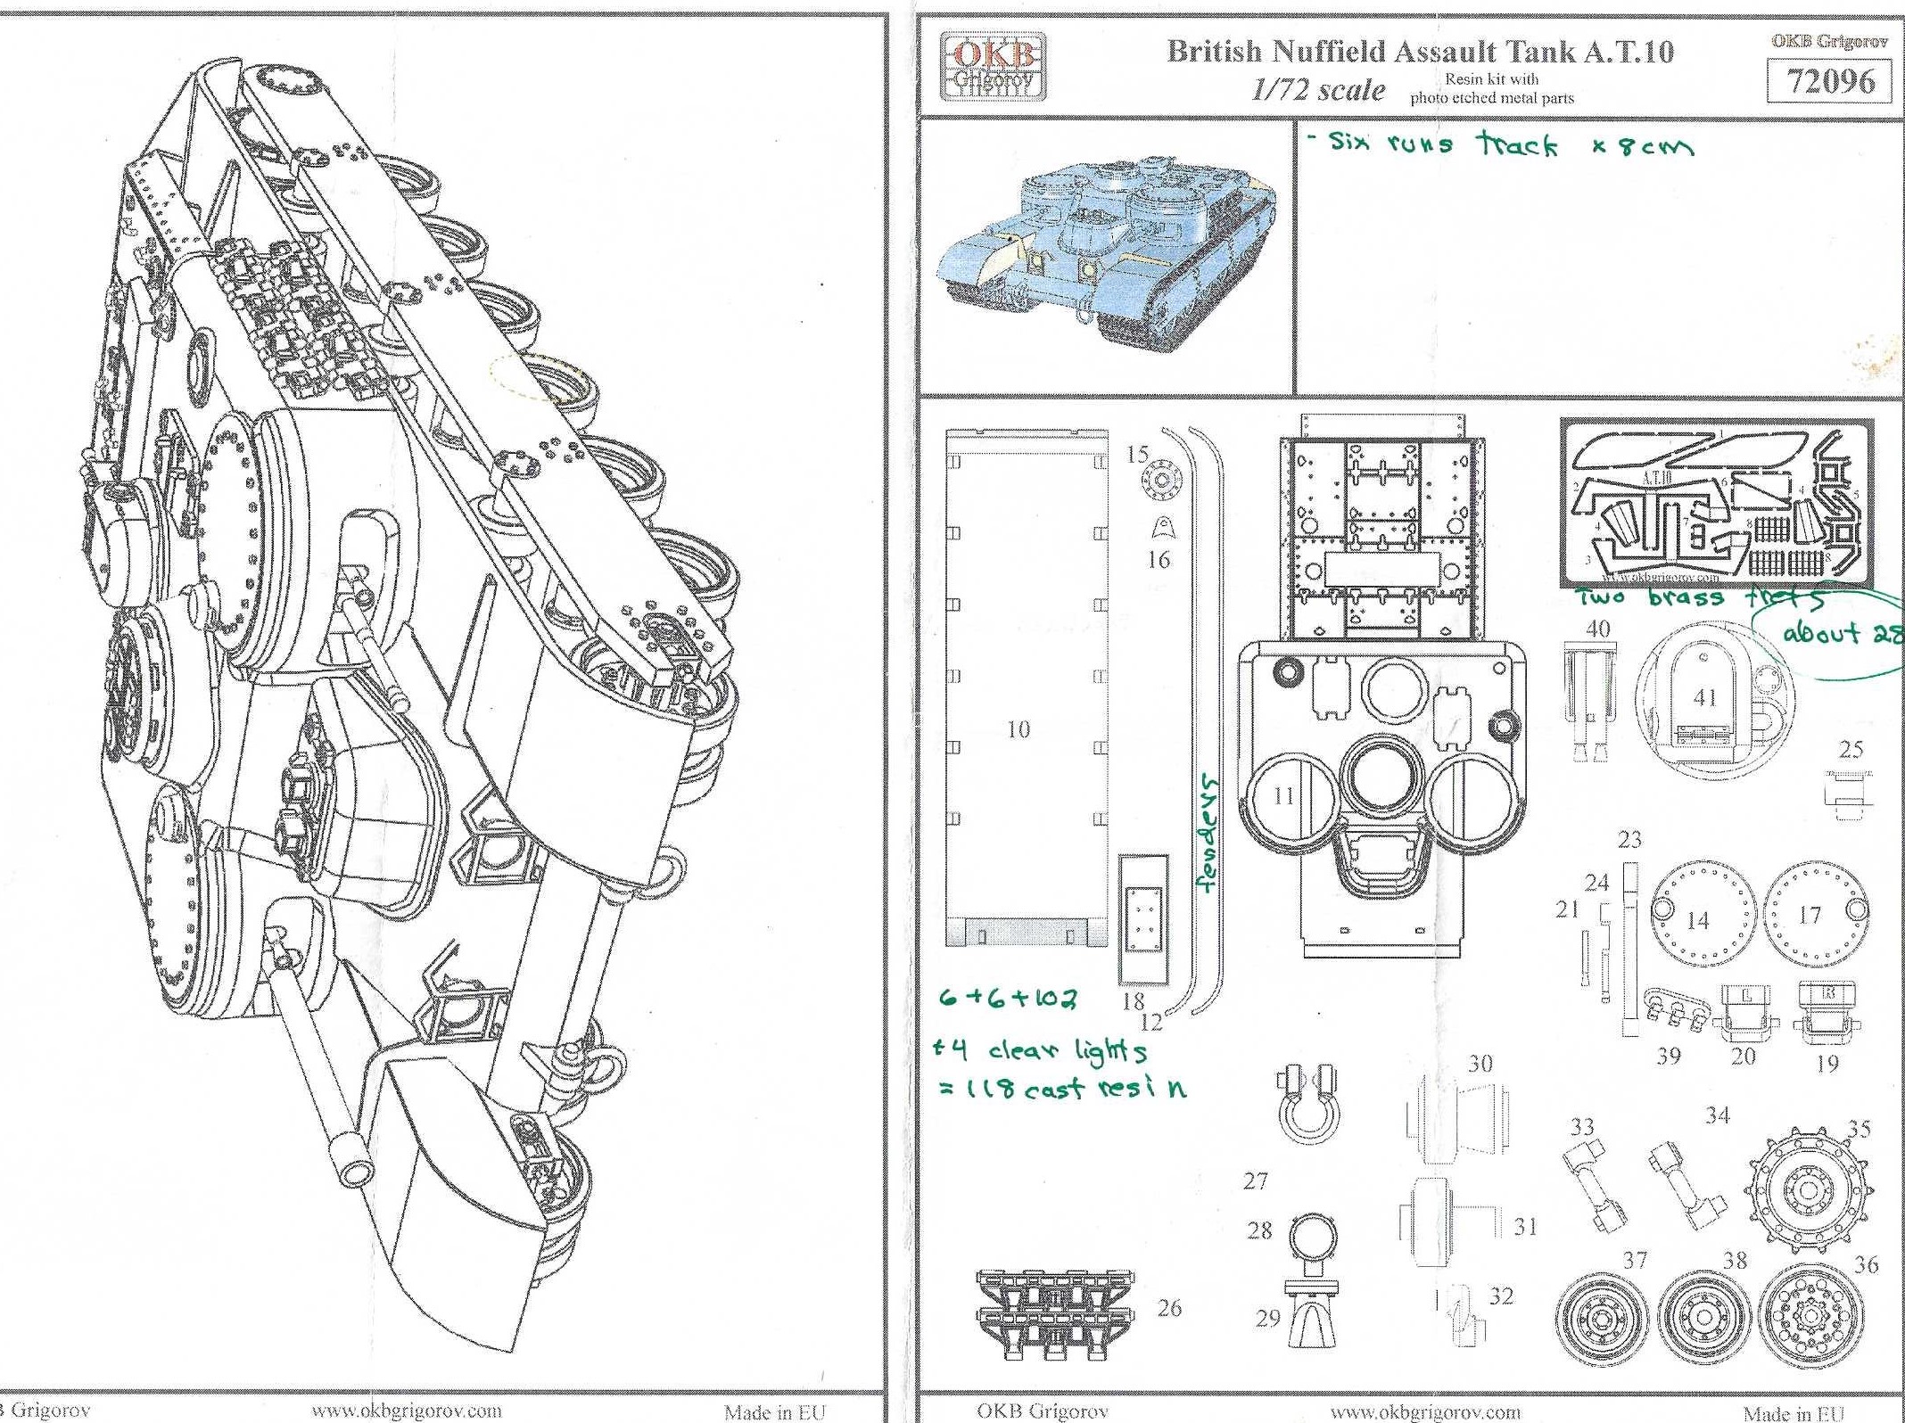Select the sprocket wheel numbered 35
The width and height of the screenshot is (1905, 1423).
click(1807, 1190)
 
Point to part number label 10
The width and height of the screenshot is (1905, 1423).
click(1018, 729)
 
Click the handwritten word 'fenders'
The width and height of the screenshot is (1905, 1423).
click(1206, 833)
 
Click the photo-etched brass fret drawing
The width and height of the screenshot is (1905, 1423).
click(1716, 505)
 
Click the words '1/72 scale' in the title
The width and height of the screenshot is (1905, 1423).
click(1318, 90)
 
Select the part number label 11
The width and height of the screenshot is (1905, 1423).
click(1283, 796)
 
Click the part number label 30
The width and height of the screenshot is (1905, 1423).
click(1480, 1064)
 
